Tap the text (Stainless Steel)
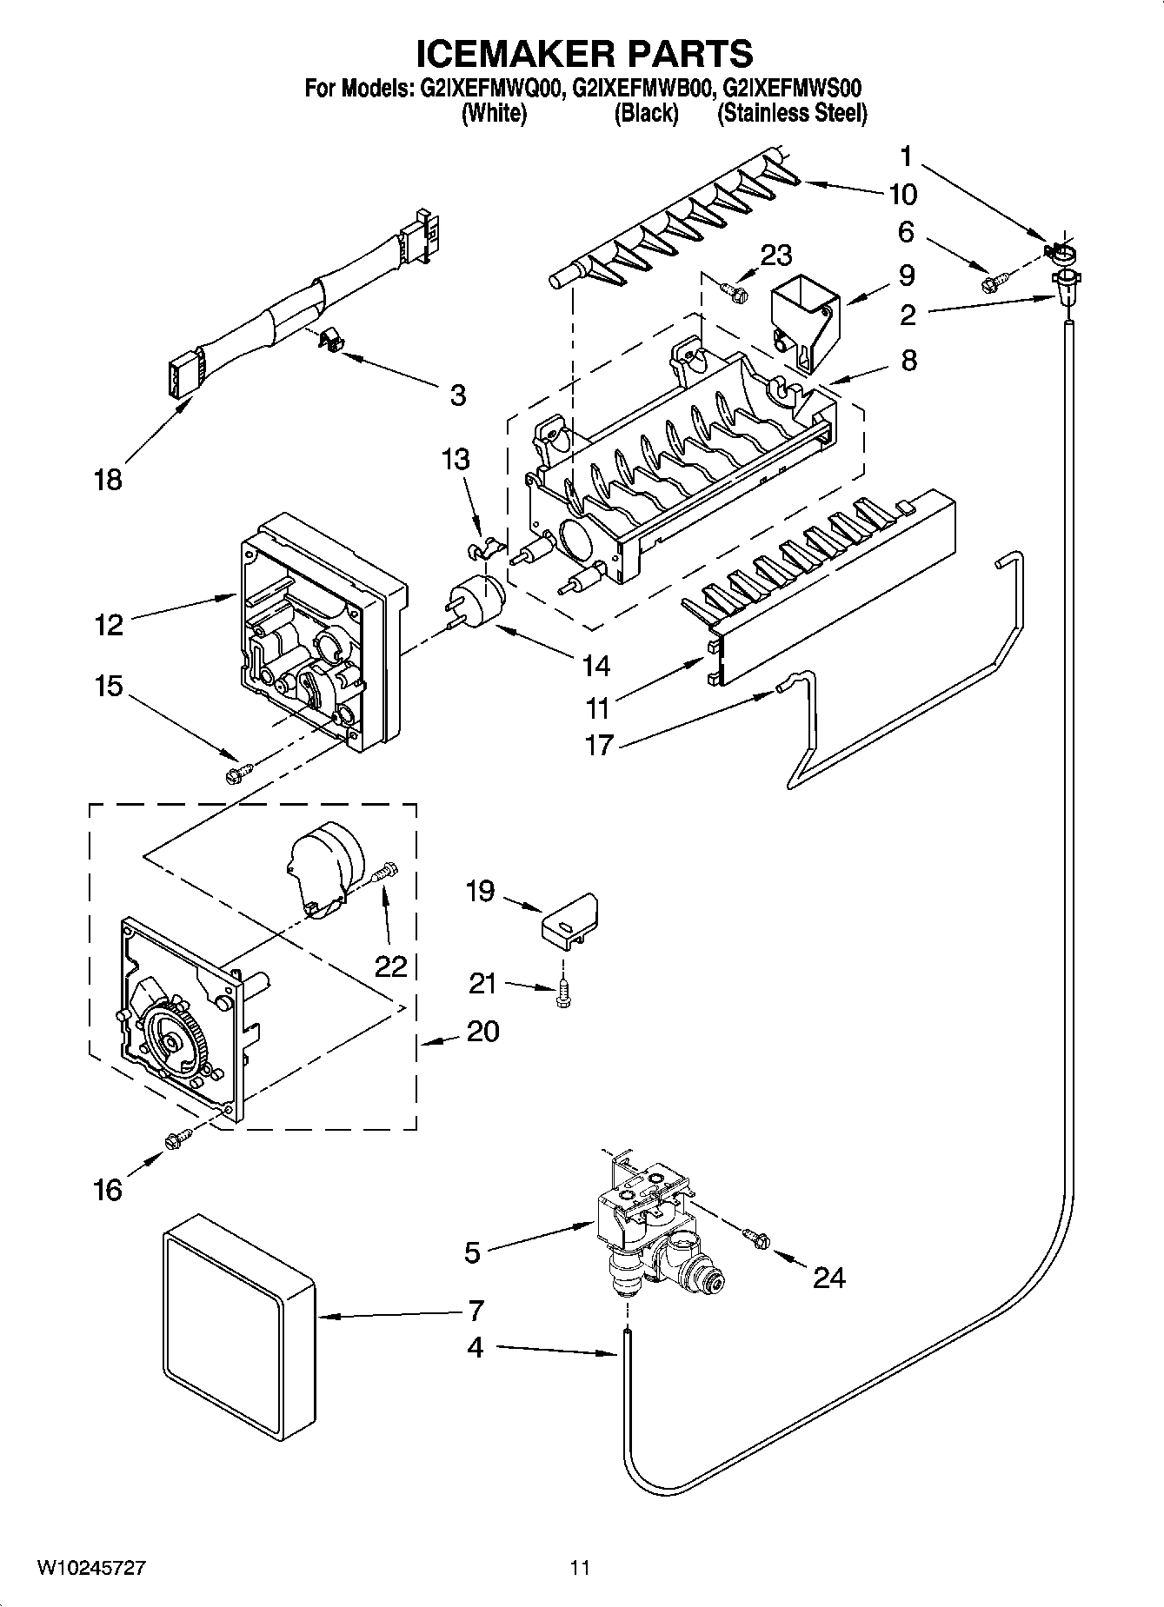point(791,113)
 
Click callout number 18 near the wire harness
point(108,480)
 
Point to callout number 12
point(110,625)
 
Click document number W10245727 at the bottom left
point(90,1567)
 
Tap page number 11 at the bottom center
point(580,1567)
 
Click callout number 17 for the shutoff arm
point(600,745)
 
